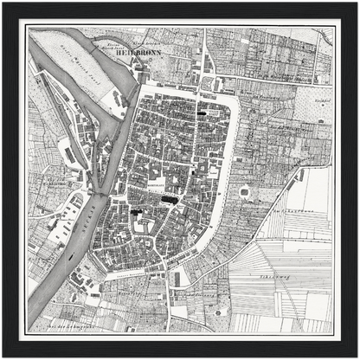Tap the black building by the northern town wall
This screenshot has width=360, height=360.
206,112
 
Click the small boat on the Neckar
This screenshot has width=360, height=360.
67,255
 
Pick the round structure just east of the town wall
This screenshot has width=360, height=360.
244,191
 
